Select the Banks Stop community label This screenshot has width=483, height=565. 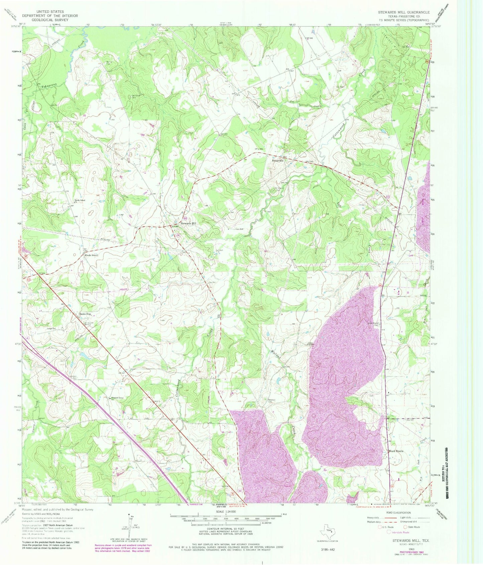pos(85,314)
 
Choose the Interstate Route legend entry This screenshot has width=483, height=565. pos(398,532)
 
